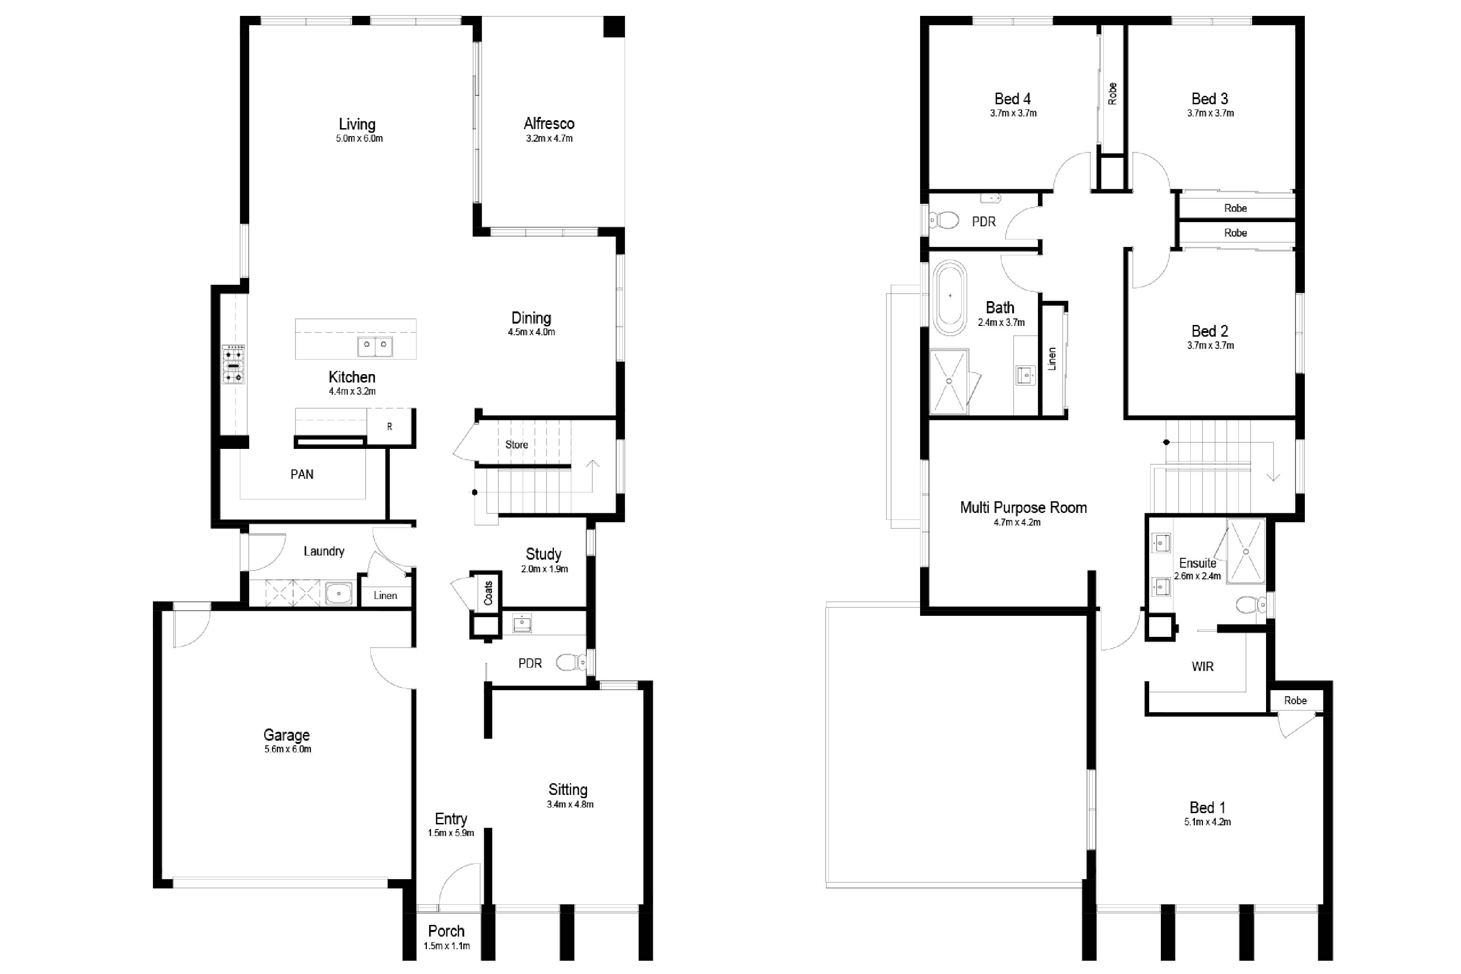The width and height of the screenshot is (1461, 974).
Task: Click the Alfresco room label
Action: click(549, 123)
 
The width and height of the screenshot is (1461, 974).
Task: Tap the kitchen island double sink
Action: click(375, 346)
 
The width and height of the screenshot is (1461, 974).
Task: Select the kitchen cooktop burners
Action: click(233, 365)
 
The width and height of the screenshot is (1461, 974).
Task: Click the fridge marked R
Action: click(390, 427)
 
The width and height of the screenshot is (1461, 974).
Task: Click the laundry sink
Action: click(338, 593)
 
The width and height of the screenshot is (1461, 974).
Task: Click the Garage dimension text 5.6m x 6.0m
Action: click(288, 749)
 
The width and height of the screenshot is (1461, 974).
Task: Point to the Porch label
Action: click(446, 931)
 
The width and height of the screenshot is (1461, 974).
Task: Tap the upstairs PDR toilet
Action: click(944, 219)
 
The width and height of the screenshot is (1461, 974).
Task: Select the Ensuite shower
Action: click(1245, 550)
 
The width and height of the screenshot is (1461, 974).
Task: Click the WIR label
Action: click(1203, 666)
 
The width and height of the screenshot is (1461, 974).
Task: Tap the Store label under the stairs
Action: click(517, 445)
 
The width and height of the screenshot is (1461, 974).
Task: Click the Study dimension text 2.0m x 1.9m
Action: click(545, 569)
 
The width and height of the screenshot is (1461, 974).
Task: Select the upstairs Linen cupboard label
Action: click(1052, 359)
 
